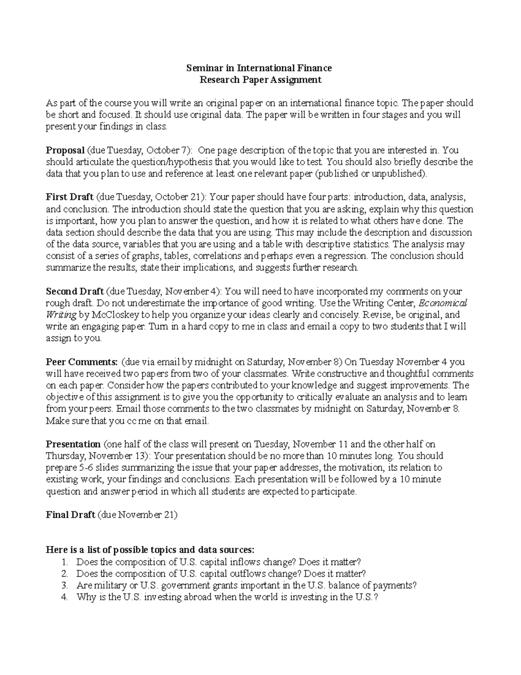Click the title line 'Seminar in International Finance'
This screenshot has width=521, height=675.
[x=259, y=68]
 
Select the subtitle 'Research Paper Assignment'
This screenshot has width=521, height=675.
[x=260, y=80]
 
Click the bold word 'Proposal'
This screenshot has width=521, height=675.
[x=65, y=150]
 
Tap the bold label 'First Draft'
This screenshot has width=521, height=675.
[x=69, y=197]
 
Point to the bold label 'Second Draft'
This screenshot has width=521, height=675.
[x=75, y=291]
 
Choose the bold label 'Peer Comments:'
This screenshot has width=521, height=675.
[x=82, y=362]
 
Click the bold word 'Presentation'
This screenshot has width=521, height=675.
[x=73, y=444]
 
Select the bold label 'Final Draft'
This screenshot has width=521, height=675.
[x=70, y=515]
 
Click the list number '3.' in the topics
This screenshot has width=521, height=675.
[x=65, y=585]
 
